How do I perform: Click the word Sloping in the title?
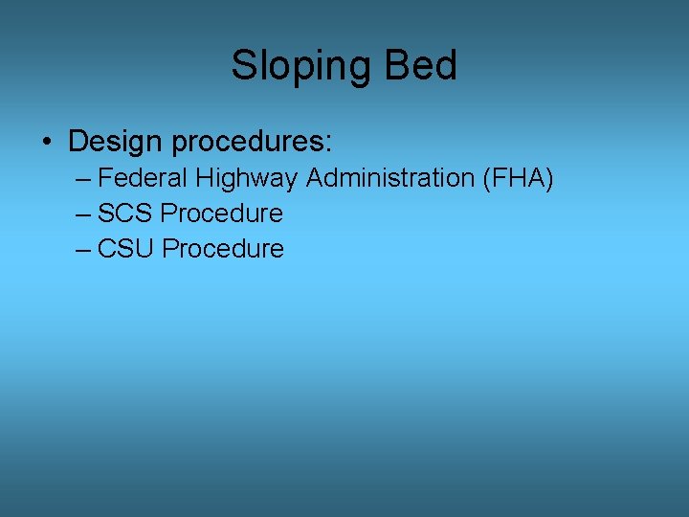[x=302, y=66]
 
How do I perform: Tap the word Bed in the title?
[x=420, y=66]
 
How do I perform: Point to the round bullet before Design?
[x=46, y=143]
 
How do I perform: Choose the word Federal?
[x=144, y=178]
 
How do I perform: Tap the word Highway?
[x=247, y=179]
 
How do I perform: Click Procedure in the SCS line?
[x=222, y=213]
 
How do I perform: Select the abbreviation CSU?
[x=126, y=249]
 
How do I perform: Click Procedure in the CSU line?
[x=223, y=249]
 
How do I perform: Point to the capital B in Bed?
[x=395, y=66]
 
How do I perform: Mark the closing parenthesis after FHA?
[x=549, y=179]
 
